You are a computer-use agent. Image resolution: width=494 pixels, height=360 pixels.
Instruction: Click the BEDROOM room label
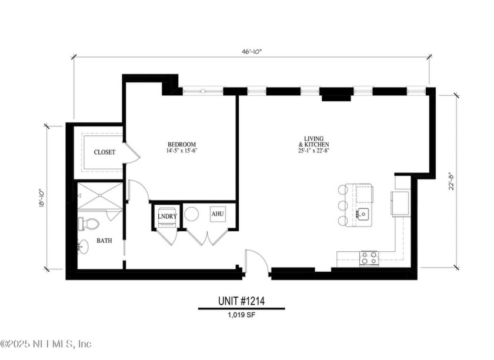click(x=181, y=145)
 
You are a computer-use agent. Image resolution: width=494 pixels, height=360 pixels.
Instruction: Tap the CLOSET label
click(x=105, y=152)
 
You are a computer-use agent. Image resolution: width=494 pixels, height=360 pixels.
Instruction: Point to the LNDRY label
click(x=167, y=216)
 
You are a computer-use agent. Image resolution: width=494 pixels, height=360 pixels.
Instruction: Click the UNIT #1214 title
click(x=241, y=301)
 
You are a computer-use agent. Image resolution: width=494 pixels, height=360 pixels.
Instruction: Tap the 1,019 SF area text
click(x=241, y=315)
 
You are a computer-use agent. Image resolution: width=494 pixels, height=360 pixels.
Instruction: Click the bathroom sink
click(x=82, y=248)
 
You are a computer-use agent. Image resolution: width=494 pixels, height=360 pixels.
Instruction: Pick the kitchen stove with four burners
click(x=369, y=257)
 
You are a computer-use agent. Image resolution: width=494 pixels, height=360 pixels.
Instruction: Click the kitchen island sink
click(x=363, y=213)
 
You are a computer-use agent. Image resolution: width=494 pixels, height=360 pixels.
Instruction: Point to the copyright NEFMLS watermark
click(x=46, y=344)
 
